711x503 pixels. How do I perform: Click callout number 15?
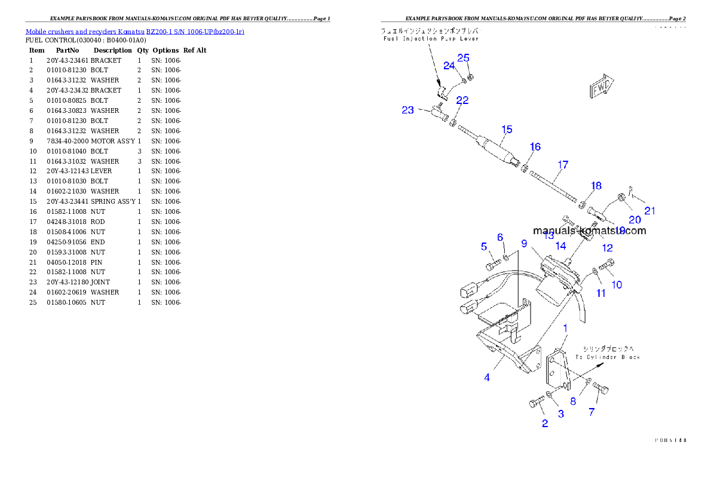pos(507,129)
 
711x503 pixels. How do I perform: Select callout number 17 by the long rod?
pos(563,165)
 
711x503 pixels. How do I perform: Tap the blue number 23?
pos(407,110)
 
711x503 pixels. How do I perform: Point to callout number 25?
pos(464,58)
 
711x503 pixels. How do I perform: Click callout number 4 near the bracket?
pos(487,378)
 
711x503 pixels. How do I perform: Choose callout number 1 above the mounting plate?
pos(565,328)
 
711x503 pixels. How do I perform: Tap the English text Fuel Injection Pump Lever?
pos(431,39)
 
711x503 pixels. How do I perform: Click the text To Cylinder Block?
pos(607,357)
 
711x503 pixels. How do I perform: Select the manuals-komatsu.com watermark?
pos(589,231)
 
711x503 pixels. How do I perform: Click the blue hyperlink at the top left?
pos(134,31)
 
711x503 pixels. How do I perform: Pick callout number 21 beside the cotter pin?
pos(649,210)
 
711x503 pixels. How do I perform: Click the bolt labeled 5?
pos(491,265)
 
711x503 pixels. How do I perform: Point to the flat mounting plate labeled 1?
pos(557,370)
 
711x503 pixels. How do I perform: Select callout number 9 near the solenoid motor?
pos(524,243)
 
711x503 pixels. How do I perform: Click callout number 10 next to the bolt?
pos(616,285)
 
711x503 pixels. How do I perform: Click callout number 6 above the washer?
pos(500,238)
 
